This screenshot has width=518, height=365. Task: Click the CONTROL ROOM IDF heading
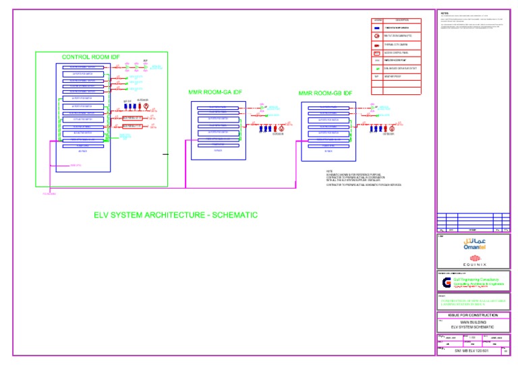[91, 57]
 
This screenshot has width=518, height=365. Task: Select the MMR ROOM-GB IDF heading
[325, 93]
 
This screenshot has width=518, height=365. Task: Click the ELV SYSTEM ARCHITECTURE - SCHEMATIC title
[175, 215]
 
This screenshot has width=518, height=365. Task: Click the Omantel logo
[469, 244]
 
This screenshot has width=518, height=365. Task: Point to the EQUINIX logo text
[469, 265]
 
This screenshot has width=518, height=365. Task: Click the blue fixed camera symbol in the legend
[378, 28]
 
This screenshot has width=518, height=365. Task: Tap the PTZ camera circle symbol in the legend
[378, 36]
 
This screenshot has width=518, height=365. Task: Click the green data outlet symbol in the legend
[378, 69]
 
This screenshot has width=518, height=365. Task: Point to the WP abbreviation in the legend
[378, 77]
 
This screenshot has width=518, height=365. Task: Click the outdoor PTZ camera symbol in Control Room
[143, 106]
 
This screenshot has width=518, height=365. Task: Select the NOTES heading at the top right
[444, 13]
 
